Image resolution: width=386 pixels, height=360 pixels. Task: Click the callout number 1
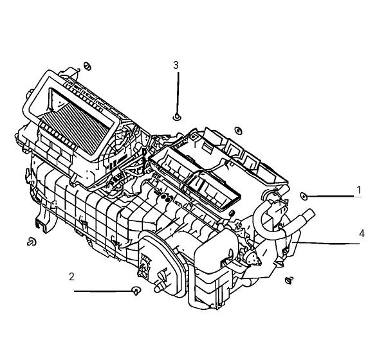click(359, 190)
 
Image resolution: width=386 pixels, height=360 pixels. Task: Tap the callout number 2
click(71, 277)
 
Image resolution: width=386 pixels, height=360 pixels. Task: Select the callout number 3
click(176, 65)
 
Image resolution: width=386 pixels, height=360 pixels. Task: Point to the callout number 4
click(362, 233)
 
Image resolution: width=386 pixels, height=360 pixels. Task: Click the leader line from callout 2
click(104, 291)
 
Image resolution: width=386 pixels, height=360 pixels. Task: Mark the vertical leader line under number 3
click(178, 93)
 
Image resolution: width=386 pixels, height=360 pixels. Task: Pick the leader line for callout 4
click(326, 243)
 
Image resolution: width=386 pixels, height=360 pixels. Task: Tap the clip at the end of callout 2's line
click(136, 291)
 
